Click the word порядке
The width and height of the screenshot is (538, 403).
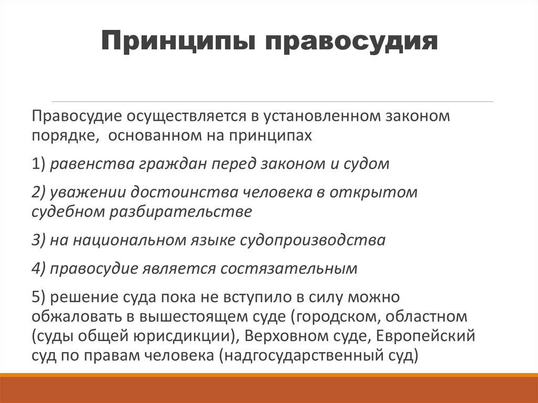[62, 136]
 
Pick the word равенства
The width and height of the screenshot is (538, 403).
[92, 164]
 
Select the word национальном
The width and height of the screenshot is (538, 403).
[128, 240]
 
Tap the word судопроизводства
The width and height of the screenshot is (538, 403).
[313, 240]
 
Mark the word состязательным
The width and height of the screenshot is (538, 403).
[288, 268]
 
